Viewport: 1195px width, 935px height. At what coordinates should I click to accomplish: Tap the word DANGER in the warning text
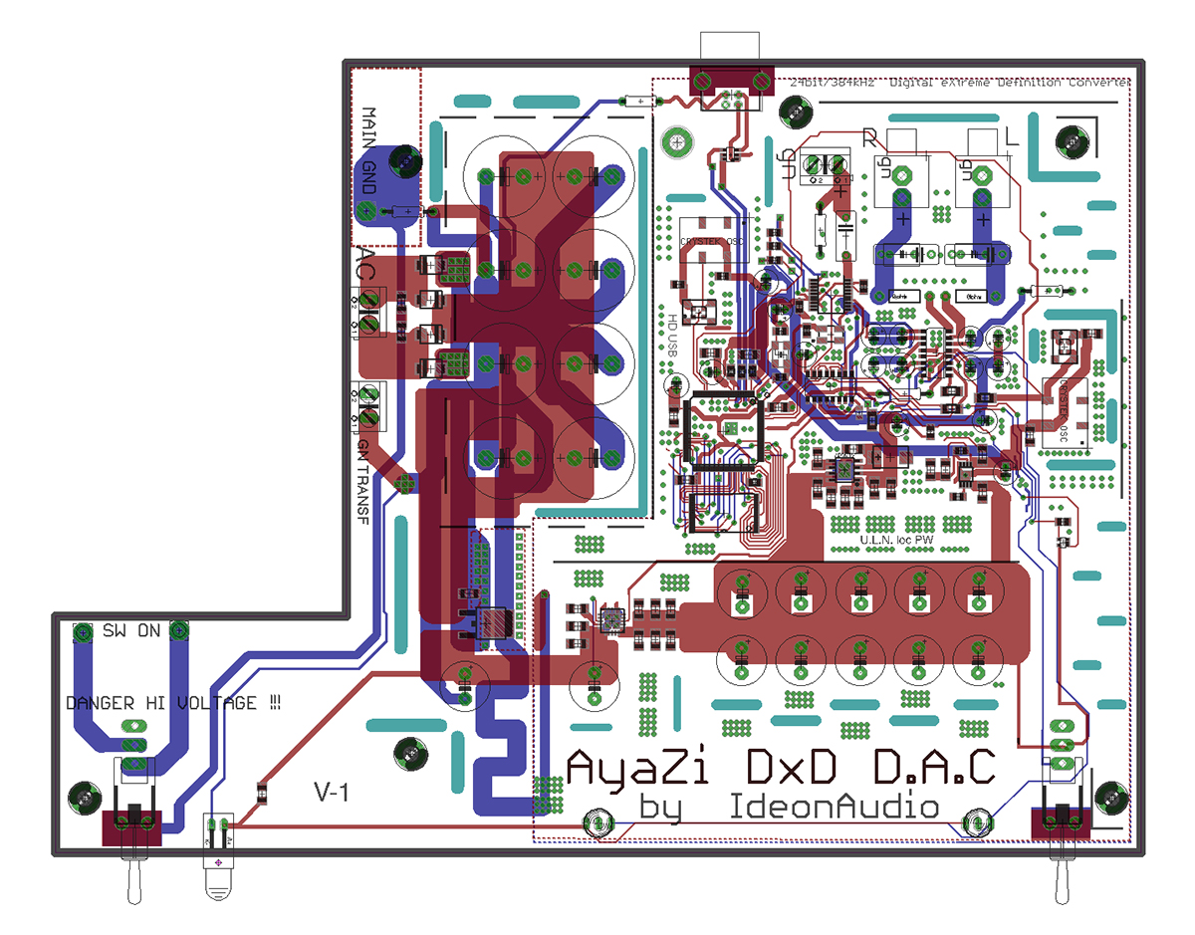(100, 703)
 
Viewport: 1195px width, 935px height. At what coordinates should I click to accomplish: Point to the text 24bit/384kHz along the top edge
(833, 84)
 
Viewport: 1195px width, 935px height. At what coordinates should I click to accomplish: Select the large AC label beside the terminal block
(365, 267)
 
